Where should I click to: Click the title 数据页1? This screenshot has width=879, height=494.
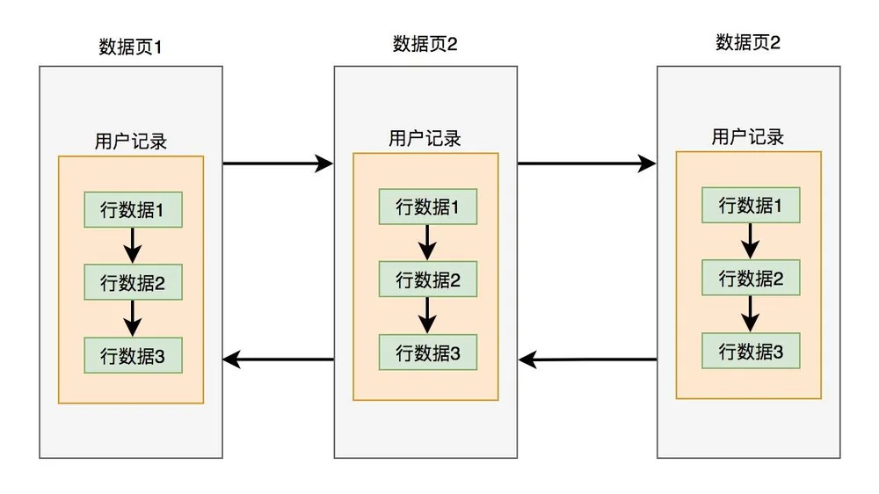[x=130, y=47]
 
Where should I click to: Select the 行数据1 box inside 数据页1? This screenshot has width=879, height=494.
[x=133, y=210]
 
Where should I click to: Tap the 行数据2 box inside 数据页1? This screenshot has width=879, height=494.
[x=133, y=282]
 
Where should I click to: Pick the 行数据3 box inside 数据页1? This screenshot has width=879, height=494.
[x=133, y=355]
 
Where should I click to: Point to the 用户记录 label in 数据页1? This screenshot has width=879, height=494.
[x=131, y=141]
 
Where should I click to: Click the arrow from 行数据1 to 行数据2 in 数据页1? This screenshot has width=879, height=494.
[x=133, y=245]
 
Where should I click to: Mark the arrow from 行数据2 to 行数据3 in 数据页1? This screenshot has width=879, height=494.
[x=133, y=318]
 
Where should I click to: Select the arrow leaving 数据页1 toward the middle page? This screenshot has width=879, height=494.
[x=278, y=163]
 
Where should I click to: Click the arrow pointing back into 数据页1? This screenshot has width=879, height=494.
[x=278, y=360]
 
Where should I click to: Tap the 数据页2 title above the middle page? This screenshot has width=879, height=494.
[x=425, y=44]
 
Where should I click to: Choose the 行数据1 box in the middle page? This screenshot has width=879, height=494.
[x=428, y=207]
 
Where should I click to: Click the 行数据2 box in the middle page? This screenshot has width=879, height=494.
[x=428, y=280]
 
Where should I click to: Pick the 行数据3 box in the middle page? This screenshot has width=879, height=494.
[x=428, y=352]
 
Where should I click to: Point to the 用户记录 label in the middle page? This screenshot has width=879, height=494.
[x=425, y=138]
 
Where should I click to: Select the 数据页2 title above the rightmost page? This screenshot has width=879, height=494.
[x=748, y=42]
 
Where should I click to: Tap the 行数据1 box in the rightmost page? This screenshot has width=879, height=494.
[x=751, y=205]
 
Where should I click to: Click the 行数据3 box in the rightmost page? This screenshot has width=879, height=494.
[x=751, y=351]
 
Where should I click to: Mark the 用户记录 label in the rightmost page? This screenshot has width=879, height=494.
[x=748, y=136]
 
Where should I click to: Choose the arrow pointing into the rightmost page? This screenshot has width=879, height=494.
[x=587, y=163]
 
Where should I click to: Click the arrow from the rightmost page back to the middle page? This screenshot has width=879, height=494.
[x=587, y=360]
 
